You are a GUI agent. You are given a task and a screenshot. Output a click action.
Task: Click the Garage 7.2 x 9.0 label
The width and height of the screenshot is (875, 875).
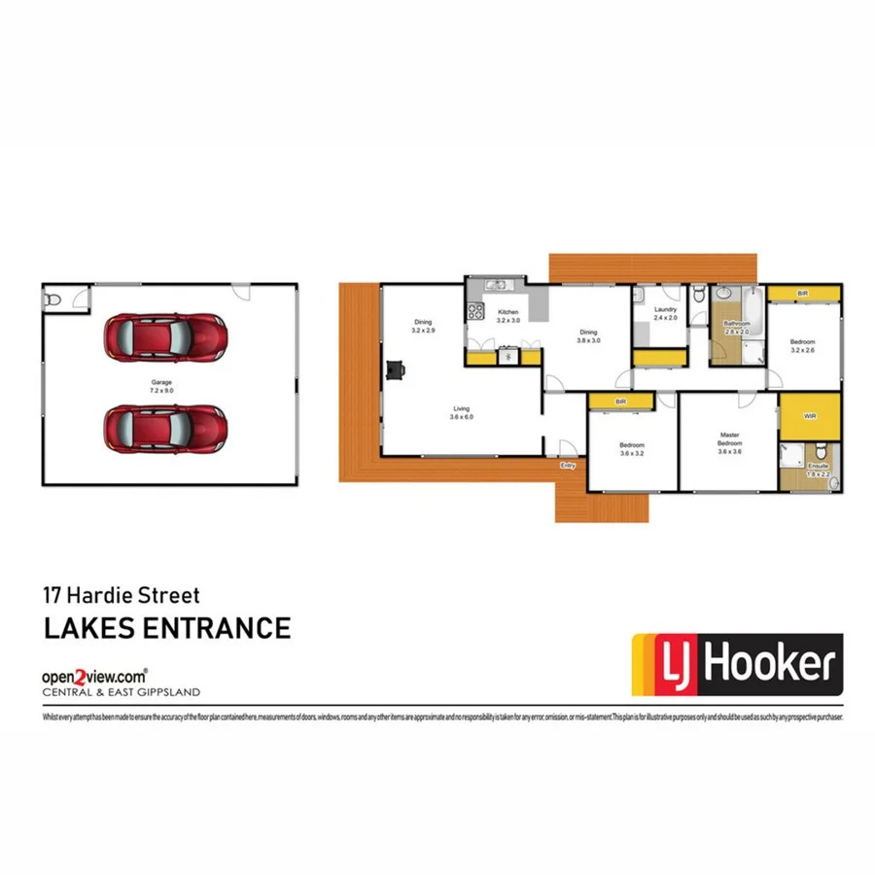tap(161, 386)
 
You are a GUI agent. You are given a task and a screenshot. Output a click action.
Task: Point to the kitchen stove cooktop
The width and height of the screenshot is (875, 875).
tap(476, 311)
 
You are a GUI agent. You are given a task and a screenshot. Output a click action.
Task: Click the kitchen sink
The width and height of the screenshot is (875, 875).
tap(496, 286)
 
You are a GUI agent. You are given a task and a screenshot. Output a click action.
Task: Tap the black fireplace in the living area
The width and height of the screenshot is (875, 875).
tap(395, 369)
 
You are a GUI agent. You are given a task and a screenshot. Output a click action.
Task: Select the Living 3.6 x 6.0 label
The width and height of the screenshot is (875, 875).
tap(460, 413)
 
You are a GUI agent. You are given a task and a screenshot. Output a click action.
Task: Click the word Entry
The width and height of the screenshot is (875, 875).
tap(568, 466)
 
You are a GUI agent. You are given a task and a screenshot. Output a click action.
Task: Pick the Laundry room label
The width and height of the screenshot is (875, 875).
tap(665, 313)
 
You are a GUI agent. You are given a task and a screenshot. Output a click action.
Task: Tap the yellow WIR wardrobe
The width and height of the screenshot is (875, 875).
tap(810, 416)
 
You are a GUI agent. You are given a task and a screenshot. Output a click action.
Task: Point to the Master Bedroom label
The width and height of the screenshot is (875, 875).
tap(730, 442)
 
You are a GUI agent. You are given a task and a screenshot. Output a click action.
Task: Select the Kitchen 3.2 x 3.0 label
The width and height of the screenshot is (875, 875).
tap(508, 315)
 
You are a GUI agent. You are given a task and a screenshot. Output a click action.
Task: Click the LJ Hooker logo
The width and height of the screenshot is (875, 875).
tap(737, 666)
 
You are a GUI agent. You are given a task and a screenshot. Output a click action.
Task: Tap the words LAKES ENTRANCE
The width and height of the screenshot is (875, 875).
tap(166, 627)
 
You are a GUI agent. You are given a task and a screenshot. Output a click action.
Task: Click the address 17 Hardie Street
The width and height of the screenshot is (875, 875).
tap(122, 592)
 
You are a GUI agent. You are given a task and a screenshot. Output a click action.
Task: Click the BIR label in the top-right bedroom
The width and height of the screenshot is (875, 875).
tap(802, 293)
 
